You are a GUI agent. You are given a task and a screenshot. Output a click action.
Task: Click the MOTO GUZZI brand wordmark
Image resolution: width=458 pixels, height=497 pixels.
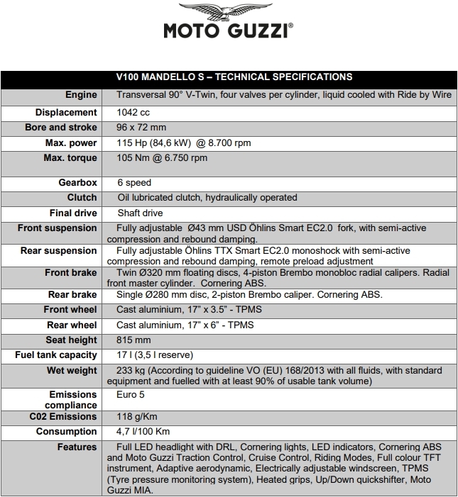pos(228,33)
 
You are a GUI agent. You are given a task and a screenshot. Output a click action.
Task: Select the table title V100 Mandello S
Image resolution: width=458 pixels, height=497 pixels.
pos(234,77)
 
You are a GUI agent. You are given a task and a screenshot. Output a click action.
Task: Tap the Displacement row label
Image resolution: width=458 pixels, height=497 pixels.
pos(66,113)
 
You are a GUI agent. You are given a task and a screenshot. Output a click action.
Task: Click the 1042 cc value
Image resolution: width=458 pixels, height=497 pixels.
pos(133,113)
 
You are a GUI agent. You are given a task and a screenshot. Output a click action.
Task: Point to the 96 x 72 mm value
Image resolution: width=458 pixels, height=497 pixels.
pos(142,128)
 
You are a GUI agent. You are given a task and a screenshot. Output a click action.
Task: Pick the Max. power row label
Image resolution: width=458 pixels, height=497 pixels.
pos(70,143)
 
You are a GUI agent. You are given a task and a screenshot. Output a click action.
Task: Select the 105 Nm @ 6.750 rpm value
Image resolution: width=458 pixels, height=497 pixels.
pos(162,158)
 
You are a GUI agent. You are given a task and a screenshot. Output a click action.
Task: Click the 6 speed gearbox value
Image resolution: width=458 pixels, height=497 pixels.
pos(134,183)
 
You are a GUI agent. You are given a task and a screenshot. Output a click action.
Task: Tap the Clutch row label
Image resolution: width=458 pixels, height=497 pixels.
pos(82,198)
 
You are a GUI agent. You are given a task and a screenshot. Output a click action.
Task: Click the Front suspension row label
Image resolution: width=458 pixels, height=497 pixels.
pos(58,228)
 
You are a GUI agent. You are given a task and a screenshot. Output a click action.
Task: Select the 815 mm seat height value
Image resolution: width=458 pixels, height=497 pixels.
pos(134,340)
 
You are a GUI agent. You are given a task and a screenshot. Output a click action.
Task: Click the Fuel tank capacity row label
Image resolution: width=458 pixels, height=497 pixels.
pos(56,355)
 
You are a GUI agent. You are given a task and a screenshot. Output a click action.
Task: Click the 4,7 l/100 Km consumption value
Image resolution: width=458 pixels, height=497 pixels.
pos(143,432)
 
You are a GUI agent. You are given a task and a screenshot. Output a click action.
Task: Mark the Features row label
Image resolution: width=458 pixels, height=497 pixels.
pos(77,447)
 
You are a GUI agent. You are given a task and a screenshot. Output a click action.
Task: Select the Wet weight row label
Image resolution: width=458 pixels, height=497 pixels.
pos(72,370)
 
